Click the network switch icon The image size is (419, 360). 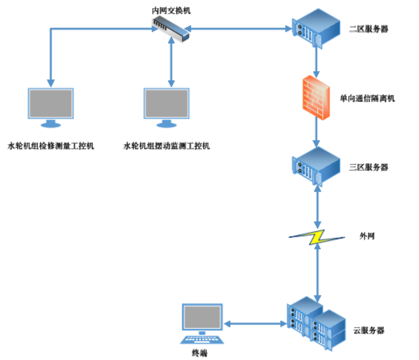[171, 28]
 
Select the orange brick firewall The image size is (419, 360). [316, 97]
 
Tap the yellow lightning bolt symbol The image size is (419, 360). [317, 237]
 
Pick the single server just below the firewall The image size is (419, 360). [316, 165]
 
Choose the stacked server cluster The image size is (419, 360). [316, 323]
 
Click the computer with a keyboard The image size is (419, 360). [202, 322]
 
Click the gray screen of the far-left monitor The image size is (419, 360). [50, 103]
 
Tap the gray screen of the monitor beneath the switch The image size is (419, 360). [166, 103]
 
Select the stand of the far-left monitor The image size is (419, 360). [50, 123]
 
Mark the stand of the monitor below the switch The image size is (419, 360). [166, 123]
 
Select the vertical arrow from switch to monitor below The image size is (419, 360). [171, 62]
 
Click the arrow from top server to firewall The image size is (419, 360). [316, 61]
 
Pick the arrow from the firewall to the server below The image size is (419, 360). [316, 133]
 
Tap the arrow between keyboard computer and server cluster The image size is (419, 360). [255, 324]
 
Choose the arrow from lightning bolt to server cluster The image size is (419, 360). [317, 272]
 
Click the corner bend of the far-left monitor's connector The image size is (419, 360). [51, 29]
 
